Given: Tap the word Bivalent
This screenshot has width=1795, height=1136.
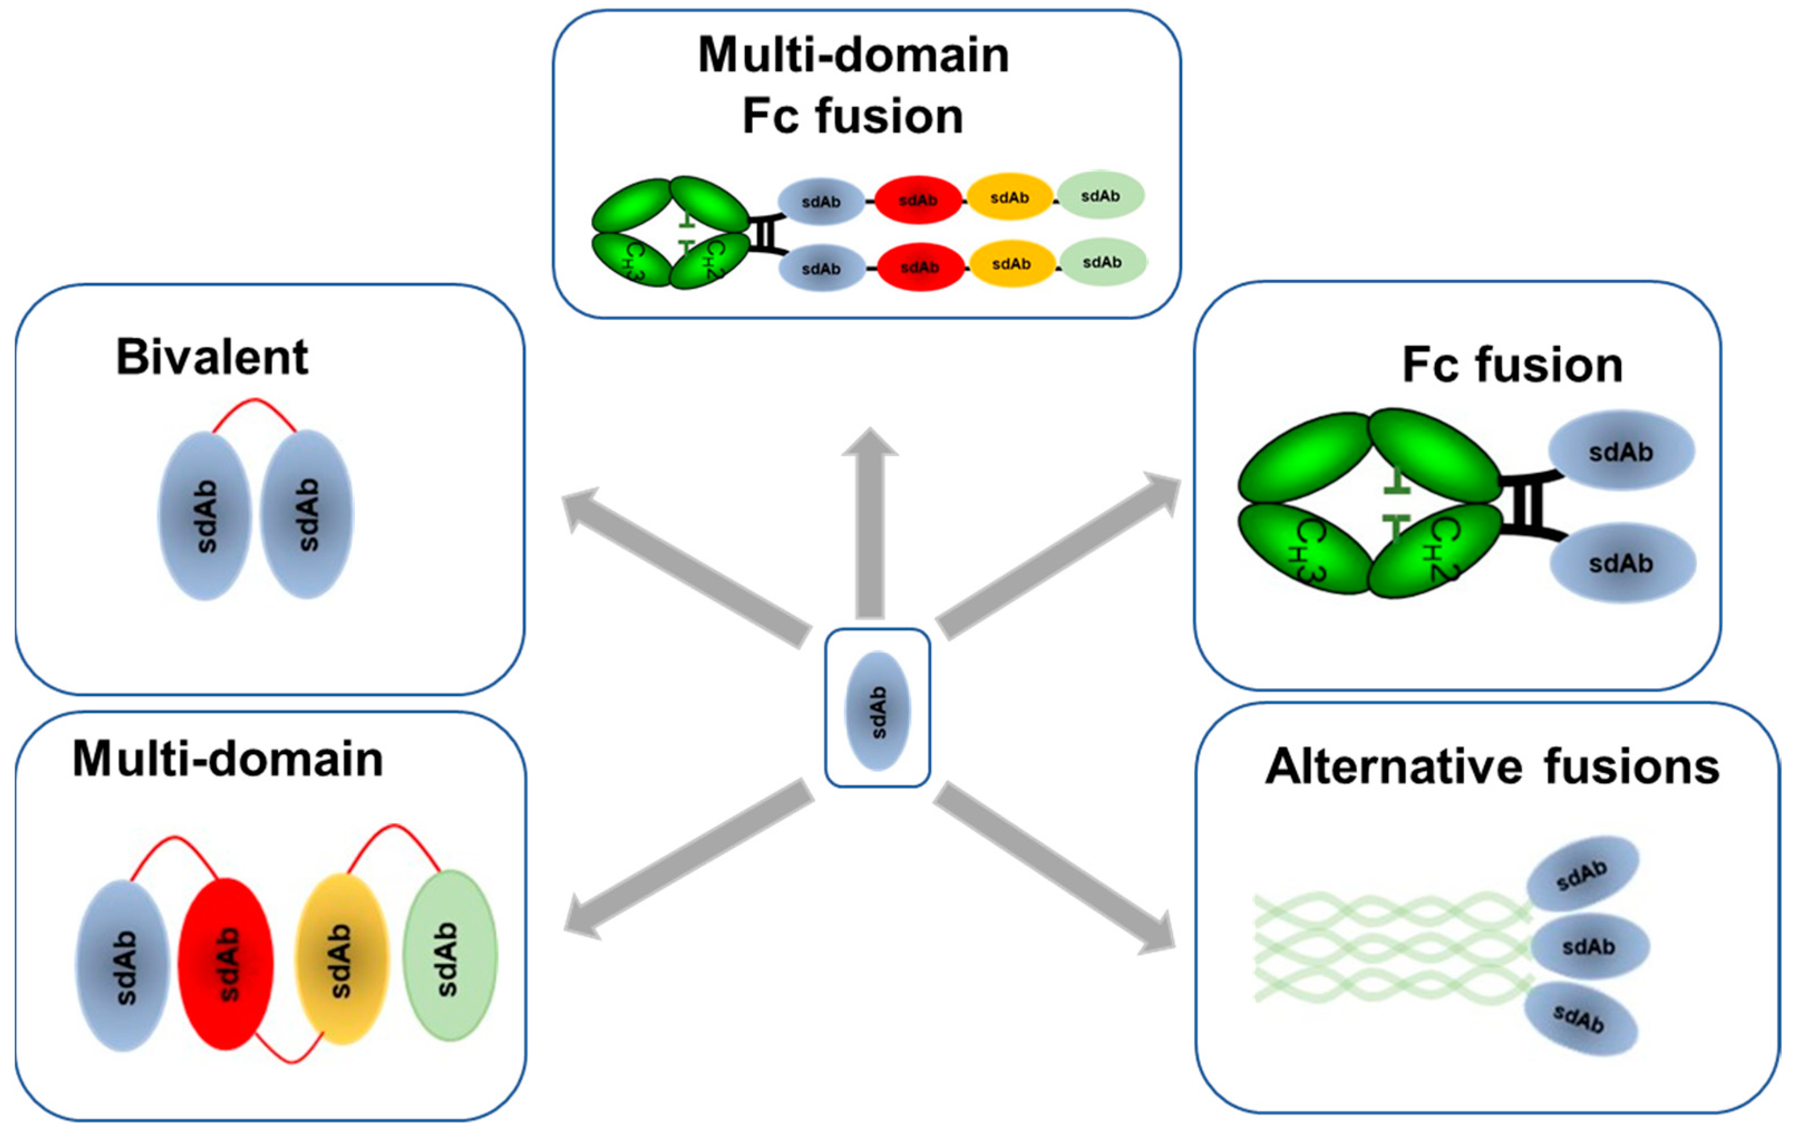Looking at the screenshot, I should [x=212, y=357].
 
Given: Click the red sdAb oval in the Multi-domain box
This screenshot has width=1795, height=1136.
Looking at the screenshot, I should [x=226, y=963].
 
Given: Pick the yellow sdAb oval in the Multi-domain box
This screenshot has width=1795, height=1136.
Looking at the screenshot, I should [x=342, y=959].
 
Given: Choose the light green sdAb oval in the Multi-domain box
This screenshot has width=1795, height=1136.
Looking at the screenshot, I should [x=450, y=955].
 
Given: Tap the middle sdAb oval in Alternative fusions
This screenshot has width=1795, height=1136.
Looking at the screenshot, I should [x=1588, y=946].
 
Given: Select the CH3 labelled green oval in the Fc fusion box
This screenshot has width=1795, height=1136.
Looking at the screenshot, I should [x=1305, y=550].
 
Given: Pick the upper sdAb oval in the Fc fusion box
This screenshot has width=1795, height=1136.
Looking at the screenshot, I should [x=1621, y=451].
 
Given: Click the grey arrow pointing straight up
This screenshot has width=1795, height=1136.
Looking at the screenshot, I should [x=870, y=522].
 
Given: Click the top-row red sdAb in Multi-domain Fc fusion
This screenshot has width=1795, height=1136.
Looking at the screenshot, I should [x=918, y=200].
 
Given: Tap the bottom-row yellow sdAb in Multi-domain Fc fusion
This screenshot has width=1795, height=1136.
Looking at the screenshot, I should [x=1011, y=264].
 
